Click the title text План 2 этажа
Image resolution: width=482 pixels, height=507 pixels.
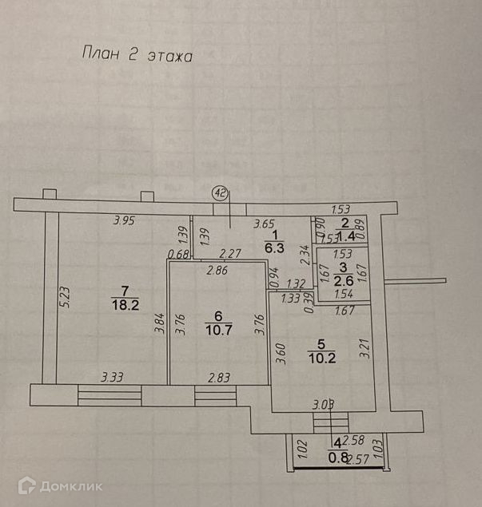point(137,55)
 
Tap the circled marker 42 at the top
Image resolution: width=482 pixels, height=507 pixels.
point(219,192)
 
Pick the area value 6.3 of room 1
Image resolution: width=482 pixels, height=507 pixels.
point(274,247)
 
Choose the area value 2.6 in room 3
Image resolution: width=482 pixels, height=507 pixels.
point(343,281)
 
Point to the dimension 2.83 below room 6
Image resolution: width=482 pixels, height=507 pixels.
point(219,376)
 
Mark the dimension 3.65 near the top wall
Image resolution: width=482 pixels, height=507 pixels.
point(265,224)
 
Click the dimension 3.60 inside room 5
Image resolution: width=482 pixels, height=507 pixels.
point(280,352)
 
